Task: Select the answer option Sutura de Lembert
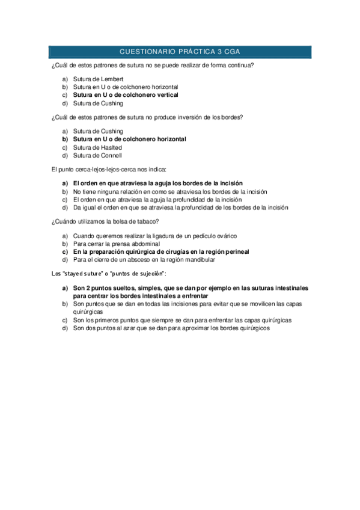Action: coord(98,79)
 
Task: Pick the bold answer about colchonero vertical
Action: coord(126,95)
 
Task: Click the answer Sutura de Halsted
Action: coord(97,147)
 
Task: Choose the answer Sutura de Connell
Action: coord(97,156)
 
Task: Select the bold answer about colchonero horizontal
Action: coord(129,139)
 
